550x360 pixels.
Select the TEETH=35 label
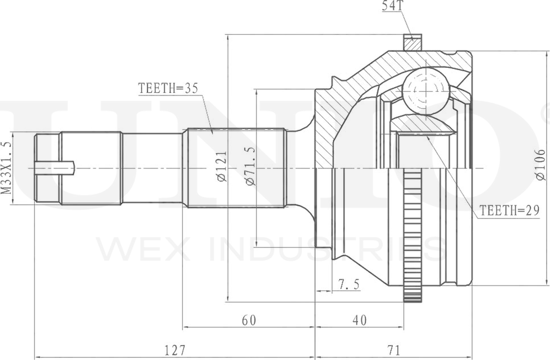[x=168, y=88]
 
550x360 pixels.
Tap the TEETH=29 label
[x=509, y=210]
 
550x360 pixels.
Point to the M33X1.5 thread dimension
[x=6, y=168]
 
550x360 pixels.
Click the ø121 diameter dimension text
[x=222, y=167]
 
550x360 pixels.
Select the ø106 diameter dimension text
[x=541, y=165]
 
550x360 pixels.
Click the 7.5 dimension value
[x=349, y=284]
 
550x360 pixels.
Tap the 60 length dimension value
[x=249, y=320]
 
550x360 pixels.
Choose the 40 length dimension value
[x=360, y=320]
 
